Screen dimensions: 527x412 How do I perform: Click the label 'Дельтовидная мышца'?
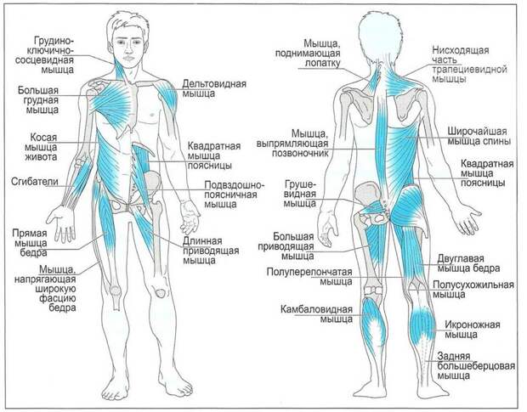tap(214, 88)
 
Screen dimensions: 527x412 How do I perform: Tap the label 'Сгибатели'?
tap(35, 182)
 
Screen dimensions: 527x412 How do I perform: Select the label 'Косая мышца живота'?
tap(41, 147)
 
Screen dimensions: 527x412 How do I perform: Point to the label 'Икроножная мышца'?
tap(473, 330)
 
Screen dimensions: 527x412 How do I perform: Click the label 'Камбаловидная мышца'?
tap(316, 314)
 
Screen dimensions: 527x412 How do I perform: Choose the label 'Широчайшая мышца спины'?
tap(479, 136)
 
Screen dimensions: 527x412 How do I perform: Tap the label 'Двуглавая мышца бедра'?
tap(468, 263)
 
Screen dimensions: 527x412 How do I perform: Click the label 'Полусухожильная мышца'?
tap(473, 290)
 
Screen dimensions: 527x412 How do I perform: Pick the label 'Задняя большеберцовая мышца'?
tap(476, 365)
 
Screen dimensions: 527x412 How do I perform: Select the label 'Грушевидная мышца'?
tap(300, 194)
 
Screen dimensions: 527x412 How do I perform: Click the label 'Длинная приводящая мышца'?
tap(211, 251)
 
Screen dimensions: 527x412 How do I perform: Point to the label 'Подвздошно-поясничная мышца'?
tap(235, 195)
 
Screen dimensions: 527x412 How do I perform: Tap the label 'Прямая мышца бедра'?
tap(30, 243)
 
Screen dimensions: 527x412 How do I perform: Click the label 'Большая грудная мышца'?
tap(38, 100)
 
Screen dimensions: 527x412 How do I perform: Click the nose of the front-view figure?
tap(127, 49)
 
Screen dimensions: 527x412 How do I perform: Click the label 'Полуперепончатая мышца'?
tap(309, 276)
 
